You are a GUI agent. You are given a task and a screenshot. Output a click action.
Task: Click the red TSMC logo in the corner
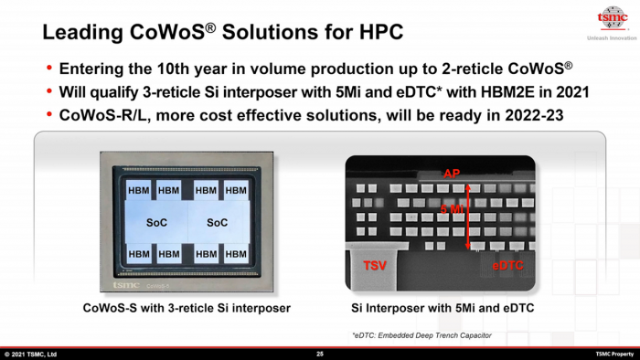[611, 17]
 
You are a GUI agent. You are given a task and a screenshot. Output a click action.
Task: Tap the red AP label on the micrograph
[451, 174]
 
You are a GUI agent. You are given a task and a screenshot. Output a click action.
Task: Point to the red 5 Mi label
[453, 209]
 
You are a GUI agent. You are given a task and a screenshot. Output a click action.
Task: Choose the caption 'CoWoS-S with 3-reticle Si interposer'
[187, 309]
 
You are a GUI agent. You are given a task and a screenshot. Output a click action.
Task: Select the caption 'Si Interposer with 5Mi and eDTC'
[443, 309]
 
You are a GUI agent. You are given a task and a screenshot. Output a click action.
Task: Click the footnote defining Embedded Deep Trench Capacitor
[421, 335]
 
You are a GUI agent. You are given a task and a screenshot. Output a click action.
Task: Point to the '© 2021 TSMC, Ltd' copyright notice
[31, 354]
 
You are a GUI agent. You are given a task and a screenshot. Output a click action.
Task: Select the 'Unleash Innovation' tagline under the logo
[610, 37]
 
